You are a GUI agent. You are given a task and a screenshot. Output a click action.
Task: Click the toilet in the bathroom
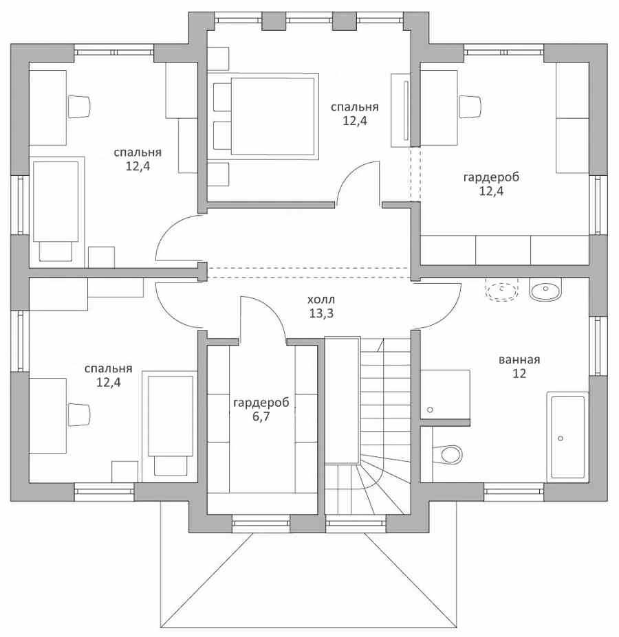pyautogui.click(x=447, y=454)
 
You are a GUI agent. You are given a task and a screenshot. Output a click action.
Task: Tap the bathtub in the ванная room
pyautogui.click(x=567, y=435)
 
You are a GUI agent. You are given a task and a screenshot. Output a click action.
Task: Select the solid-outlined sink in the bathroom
pyautogui.click(x=545, y=289)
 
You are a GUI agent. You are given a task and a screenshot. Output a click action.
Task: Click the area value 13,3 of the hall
pyautogui.click(x=321, y=313)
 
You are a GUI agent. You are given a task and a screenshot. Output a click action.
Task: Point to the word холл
pyautogui.click(x=321, y=300)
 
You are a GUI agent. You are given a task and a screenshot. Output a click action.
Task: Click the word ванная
pyautogui.click(x=519, y=359)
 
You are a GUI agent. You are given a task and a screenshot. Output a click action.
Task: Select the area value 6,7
pyautogui.click(x=261, y=416)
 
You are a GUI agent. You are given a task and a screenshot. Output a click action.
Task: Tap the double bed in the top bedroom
pyautogui.click(x=263, y=116)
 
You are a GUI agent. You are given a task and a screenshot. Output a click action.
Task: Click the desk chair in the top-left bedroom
pyautogui.click(x=79, y=107)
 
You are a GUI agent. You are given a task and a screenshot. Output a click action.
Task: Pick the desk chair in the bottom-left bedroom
pyautogui.click(x=79, y=415)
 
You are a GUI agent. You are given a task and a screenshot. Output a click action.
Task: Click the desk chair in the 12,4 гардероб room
pyautogui.click(x=470, y=107)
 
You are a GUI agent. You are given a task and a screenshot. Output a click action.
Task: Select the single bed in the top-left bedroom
pyautogui.click(x=56, y=211)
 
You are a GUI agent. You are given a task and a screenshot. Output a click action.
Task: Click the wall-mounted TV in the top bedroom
pyautogui.click(x=406, y=111)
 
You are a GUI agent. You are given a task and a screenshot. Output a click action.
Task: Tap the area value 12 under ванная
pyautogui.click(x=519, y=373)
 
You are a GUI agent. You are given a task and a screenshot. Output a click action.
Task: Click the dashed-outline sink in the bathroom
pyautogui.click(x=503, y=290)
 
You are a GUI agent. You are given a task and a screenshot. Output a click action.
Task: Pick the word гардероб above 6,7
pyautogui.click(x=261, y=403)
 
